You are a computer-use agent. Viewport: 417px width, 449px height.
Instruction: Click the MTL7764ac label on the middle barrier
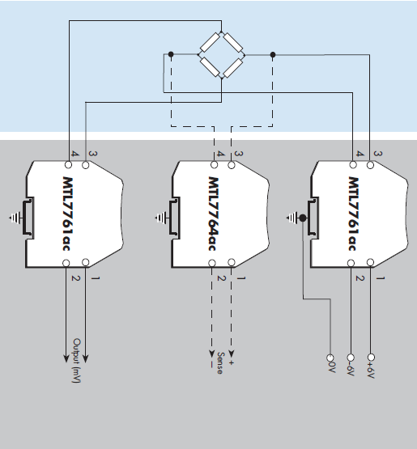pos(215,212)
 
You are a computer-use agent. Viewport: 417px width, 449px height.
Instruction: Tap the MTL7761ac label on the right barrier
pos(354,212)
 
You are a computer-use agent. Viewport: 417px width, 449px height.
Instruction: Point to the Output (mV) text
pos(77,361)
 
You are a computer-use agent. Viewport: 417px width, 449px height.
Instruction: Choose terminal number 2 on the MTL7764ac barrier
pos(219,277)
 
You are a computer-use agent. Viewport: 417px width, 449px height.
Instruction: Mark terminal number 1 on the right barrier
pos(380,277)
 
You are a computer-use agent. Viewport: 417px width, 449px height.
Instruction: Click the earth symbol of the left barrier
pos(14,217)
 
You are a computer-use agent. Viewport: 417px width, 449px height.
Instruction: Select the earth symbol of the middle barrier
pos(160,217)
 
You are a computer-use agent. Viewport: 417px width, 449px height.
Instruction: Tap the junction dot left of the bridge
pos(171,54)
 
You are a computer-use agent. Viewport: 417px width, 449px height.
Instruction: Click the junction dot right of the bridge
pos(273,54)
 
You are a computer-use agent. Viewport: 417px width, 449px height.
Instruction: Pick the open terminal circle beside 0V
pos(330,357)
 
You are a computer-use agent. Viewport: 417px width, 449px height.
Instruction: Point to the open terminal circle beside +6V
pos(372,357)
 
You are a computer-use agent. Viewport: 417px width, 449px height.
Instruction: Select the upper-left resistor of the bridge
pos(210,44)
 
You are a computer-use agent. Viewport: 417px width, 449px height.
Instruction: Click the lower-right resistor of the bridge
pos(233,66)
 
